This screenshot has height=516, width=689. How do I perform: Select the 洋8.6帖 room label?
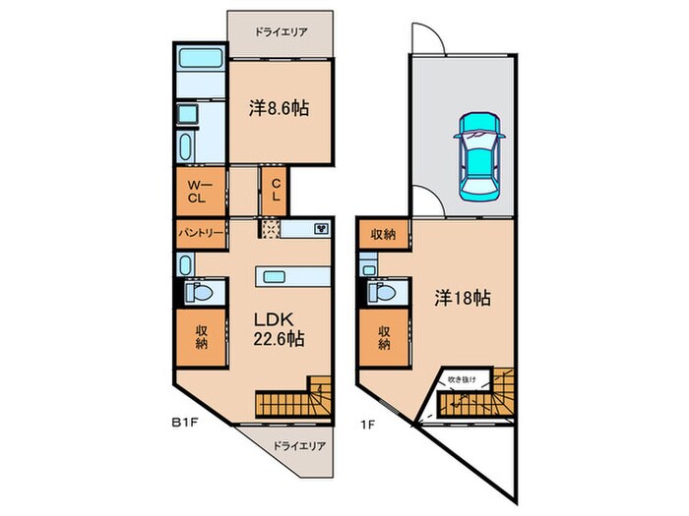point(280,108)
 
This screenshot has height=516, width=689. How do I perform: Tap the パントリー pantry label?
point(201,233)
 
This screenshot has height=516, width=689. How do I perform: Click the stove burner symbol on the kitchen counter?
point(321,229)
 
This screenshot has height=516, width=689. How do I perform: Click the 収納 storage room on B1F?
point(201,338)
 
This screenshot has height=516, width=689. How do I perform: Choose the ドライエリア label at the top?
point(281,31)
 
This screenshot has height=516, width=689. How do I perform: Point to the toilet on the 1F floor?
point(382,294)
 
